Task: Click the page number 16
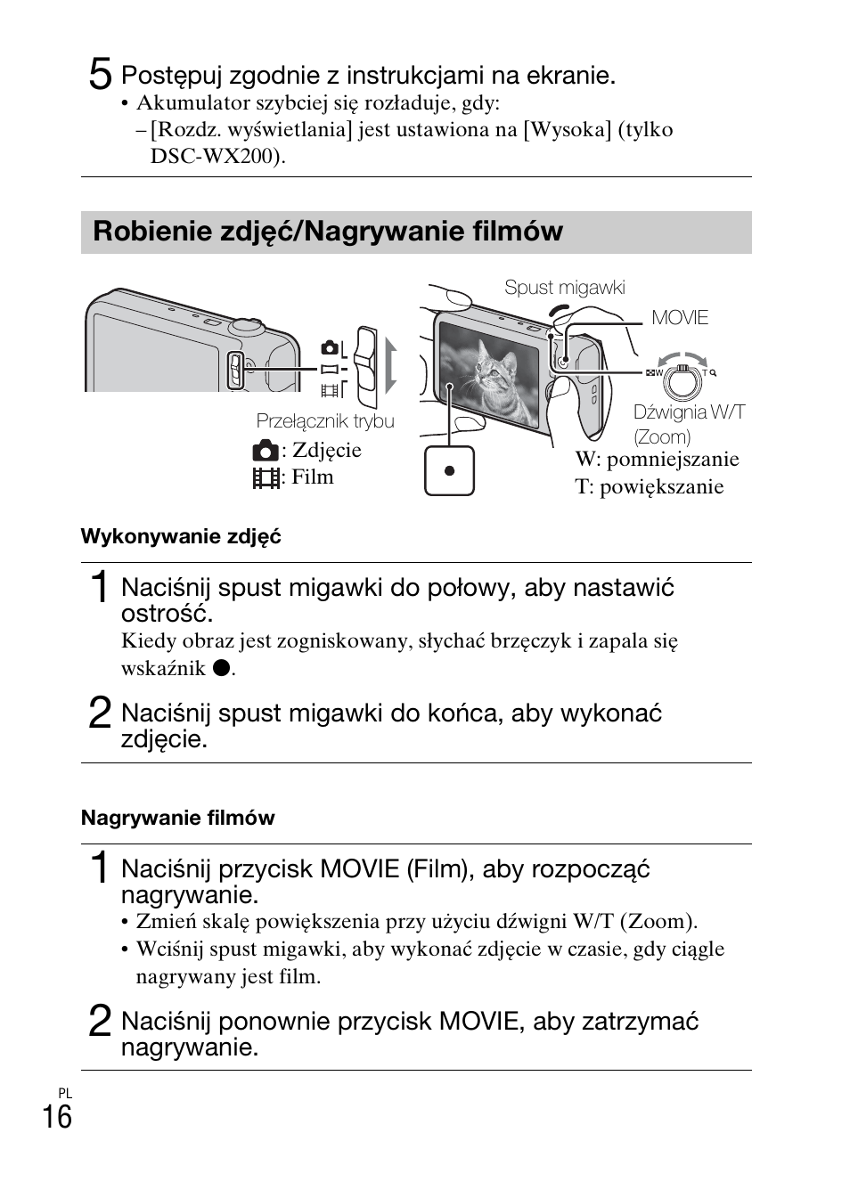pos(57,1116)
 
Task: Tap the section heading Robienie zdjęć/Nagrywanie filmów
pos(328,232)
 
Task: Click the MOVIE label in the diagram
pos(679,318)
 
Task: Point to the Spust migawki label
pos(564,288)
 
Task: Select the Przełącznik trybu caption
pos(324,420)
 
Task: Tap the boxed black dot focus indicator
pos(449,470)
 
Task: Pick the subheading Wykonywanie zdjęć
pos(181,536)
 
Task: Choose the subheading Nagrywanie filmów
pos(178,818)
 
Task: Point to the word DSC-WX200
pos(215,157)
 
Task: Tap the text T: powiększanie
pos(649,487)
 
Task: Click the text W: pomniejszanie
pos(657,460)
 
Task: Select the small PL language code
pos(65,1093)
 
